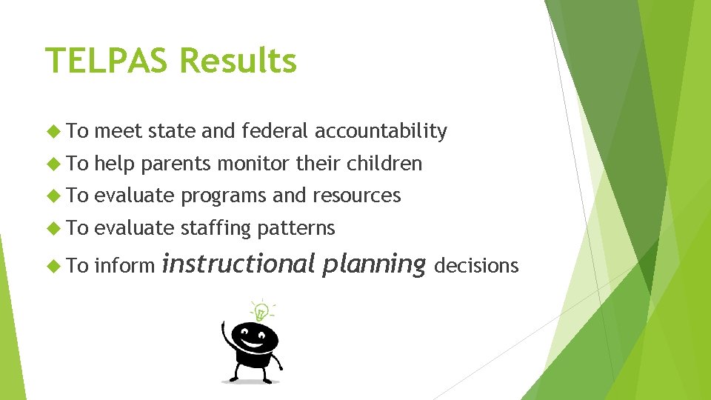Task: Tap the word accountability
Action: click(381, 132)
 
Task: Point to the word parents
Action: click(175, 164)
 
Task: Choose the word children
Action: click(384, 164)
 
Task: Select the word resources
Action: click(356, 196)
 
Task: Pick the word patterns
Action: click(296, 228)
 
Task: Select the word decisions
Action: click(476, 265)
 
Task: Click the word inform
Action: click(125, 265)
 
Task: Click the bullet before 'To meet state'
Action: click(53, 132)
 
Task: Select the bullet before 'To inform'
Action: click(53, 266)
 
